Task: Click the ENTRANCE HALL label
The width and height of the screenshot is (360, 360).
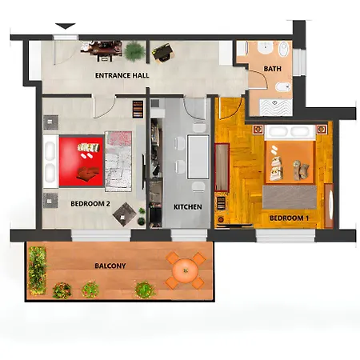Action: pos(122,75)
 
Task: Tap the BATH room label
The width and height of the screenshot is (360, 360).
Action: pos(272,69)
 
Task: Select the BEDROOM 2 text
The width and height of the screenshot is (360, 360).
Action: pos(90,204)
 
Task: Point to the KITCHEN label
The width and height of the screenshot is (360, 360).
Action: pos(187,207)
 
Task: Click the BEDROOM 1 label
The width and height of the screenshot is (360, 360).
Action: pos(289,218)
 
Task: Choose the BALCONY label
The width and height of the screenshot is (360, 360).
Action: pos(110,266)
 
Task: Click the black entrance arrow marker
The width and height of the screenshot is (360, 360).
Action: pos(66,26)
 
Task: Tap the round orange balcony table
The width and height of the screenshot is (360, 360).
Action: pos(185,271)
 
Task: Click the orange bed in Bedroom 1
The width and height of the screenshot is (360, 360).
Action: pos(290,154)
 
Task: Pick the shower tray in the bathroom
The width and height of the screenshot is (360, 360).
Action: pos(276,107)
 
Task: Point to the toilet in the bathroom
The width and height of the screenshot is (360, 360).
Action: pos(282,87)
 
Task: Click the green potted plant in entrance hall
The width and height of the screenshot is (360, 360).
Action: pos(134,51)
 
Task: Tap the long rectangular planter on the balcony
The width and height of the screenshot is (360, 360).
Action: pos(37,270)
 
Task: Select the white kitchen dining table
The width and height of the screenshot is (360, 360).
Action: pos(198,157)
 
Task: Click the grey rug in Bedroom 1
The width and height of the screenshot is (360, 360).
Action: pos(290,198)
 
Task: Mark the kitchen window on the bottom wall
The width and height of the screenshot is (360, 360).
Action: pos(189,235)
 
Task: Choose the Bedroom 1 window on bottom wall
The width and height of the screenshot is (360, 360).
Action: pos(286,236)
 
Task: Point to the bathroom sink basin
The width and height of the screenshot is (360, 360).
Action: pos(266,49)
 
